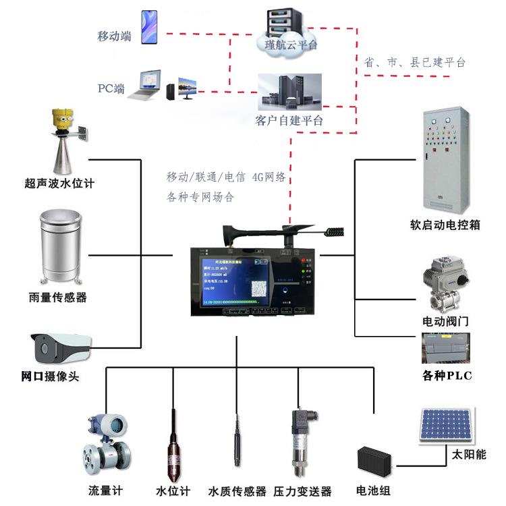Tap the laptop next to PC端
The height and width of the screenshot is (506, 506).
150,84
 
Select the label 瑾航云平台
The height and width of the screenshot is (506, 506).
287,45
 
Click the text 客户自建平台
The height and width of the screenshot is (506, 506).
289,121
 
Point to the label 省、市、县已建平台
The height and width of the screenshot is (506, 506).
414,62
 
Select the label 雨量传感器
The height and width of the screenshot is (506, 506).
58,298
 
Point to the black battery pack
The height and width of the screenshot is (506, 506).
375,461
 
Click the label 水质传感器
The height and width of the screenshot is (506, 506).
237,492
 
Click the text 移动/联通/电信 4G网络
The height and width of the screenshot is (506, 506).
227,177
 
